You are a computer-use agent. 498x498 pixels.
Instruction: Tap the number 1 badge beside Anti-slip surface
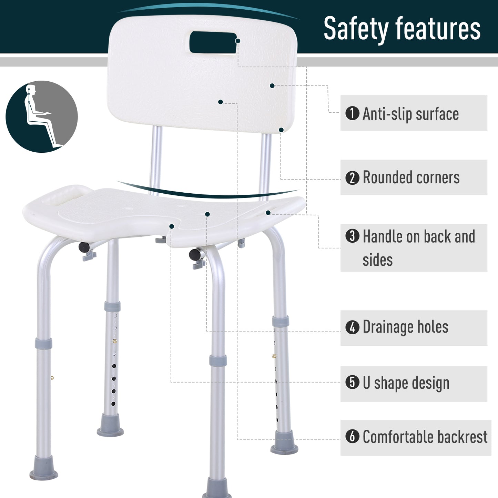click(352, 113)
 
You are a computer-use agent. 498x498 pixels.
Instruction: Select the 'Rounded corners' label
click(411, 178)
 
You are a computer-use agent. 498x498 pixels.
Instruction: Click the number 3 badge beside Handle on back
click(352, 236)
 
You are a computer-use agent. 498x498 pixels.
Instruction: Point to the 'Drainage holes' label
click(405, 327)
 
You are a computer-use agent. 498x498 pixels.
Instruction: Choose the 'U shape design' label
click(406, 383)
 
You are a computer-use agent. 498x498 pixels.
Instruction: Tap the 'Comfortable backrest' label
click(425, 437)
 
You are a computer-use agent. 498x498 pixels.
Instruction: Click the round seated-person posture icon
click(42, 116)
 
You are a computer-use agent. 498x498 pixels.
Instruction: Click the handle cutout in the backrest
click(213, 42)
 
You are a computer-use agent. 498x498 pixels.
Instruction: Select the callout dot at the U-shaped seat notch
click(172, 226)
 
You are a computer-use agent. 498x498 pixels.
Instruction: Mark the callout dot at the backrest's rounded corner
click(281, 130)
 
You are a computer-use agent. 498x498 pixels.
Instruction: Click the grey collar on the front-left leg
click(43, 344)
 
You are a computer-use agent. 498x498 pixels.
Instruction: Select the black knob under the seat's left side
click(84, 247)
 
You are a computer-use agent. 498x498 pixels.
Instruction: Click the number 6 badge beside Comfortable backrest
click(352, 437)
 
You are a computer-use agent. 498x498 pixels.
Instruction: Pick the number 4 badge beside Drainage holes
click(352, 327)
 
